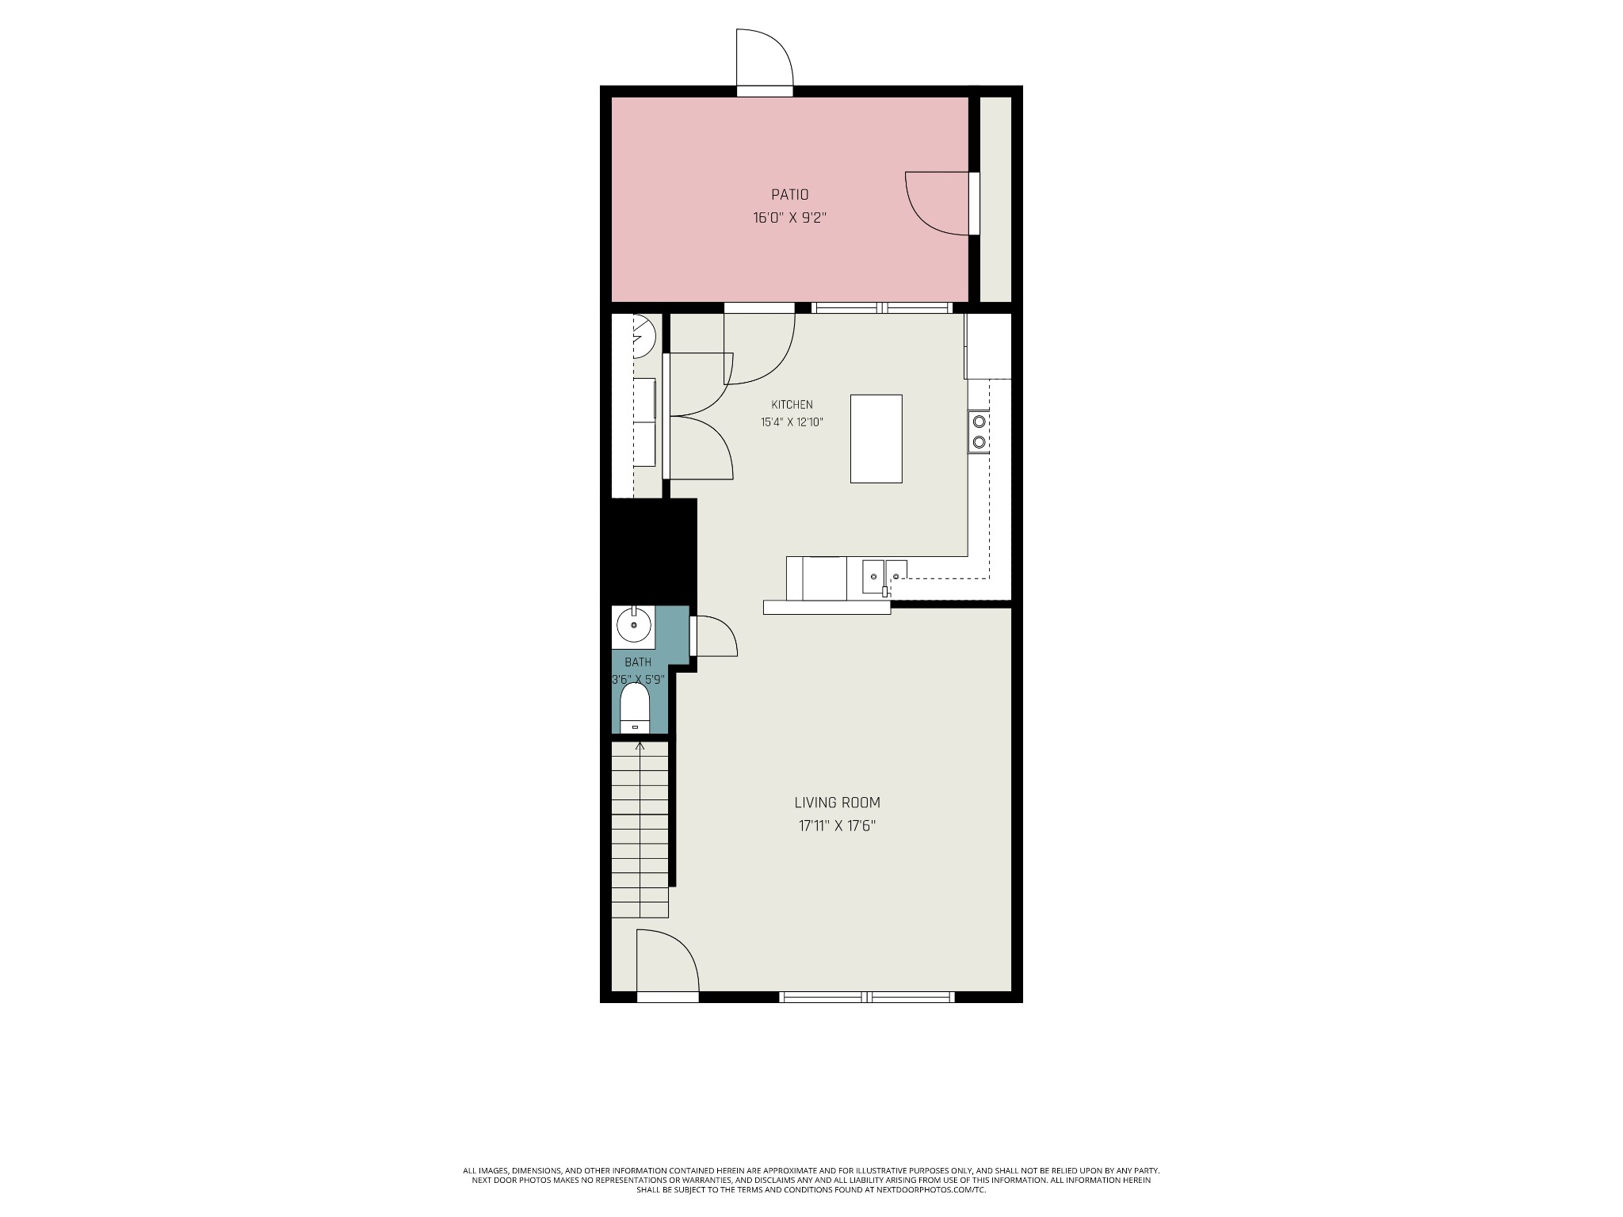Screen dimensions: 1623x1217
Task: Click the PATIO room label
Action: [789, 194]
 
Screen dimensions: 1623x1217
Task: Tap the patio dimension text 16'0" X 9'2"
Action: [789, 218]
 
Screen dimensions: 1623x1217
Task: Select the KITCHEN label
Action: [792, 405]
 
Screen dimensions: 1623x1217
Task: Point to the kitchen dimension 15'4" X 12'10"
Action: [792, 422]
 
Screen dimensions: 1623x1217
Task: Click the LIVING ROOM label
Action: [838, 803]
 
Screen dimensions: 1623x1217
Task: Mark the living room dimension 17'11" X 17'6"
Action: [838, 826]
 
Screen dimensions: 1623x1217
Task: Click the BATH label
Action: [638, 662]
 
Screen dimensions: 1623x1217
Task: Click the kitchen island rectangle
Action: [876, 439]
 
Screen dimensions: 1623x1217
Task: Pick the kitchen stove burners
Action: [979, 432]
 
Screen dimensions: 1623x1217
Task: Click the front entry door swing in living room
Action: [667, 960]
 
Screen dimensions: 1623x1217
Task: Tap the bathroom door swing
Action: [716, 635]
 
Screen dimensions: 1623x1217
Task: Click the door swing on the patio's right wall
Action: [937, 203]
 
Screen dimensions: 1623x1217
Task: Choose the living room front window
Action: [867, 997]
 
